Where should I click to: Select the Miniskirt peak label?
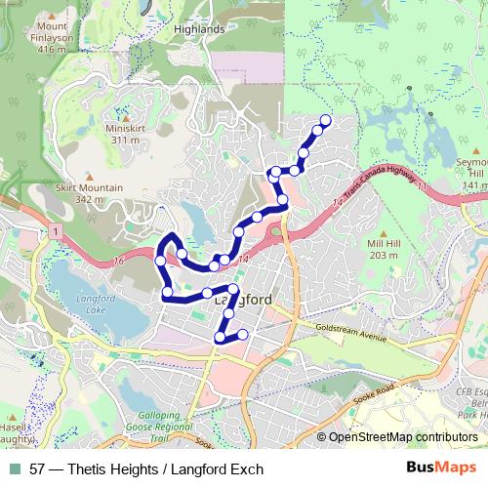(x=125, y=135)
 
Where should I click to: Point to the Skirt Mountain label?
(x=89, y=193)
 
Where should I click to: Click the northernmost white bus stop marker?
(x=325, y=121)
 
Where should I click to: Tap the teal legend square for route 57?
(x=13, y=469)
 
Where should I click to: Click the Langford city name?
(x=242, y=301)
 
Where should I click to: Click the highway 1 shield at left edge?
(x=58, y=231)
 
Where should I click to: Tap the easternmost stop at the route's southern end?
(x=243, y=335)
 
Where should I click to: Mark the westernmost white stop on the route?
(x=160, y=260)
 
